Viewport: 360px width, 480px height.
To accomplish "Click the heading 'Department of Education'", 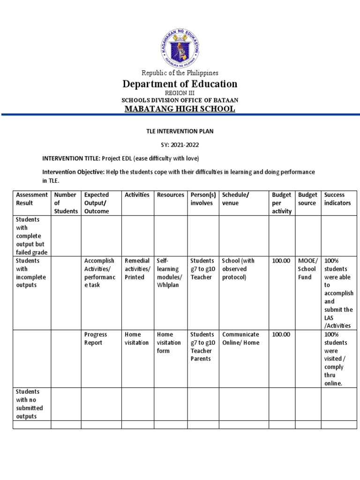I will click(x=180, y=84).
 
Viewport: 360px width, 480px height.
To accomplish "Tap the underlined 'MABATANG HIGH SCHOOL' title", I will click(x=180, y=109).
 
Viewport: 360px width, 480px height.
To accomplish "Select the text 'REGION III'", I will click(x=180, y=93).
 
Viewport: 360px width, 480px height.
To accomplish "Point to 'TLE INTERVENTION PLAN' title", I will click(x=180, y=132).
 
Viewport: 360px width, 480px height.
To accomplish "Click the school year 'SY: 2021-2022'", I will click(x=180, y=145).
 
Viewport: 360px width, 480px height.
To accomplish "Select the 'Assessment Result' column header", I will click(x=31, y=199).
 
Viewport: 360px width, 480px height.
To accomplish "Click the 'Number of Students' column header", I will click(x=66, y=203).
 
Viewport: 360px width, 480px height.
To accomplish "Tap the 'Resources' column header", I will click(x=171, y=195).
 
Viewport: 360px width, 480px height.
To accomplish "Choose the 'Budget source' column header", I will click(x=307, y=199).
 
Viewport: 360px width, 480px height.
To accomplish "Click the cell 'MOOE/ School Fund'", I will click(x=307, y=269).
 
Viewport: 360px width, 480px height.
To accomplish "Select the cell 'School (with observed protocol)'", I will click(x=238, y=269).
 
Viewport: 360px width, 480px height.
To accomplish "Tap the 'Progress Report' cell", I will click(x=96, y=338).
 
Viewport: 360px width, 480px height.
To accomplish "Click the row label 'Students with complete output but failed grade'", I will click(x=31, y=236).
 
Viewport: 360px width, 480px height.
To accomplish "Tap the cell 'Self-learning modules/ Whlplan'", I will click(x=170, y=273).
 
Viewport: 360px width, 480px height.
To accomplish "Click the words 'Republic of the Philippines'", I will click(x=180, y=73).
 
